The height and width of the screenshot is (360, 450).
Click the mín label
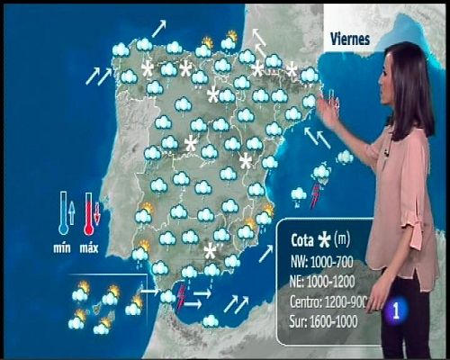click(62, 247)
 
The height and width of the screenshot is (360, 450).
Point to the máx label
click(89, 247)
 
